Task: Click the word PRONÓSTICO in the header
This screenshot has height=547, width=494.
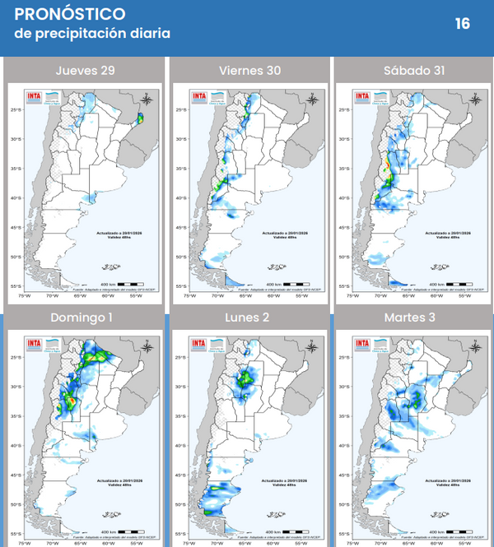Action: tap(70, 14)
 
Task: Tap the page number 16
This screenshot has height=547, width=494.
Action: tap(463, 23)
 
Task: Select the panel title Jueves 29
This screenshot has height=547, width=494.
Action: tap(85, 70)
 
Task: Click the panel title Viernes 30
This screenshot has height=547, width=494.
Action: tap(249, 70)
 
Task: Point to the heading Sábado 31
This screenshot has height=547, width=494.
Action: tap(414, 70)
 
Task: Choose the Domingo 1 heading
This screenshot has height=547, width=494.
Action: tap(85, 318)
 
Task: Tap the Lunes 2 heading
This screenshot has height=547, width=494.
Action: tap(249, 318)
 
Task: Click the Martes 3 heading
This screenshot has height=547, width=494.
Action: tap(414, 318)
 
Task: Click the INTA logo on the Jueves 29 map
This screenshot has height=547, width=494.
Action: tap(35, 97)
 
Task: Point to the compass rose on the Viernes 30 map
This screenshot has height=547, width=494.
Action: tap(312, 100)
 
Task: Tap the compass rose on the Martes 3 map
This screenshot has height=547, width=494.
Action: tap(476, 347)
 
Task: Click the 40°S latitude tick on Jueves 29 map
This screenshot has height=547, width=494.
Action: tap(15, 198)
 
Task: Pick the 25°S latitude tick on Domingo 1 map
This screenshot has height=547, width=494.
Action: tap(15, 358)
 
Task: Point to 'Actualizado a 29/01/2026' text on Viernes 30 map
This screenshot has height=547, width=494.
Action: tap(285, 233)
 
